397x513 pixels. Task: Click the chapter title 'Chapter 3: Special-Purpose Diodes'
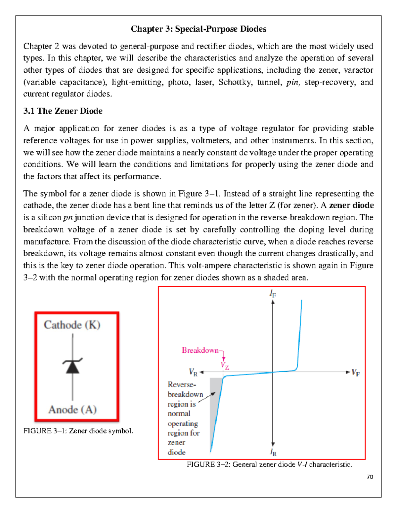198,29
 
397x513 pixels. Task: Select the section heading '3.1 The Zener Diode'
63,111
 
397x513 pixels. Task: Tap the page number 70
370,477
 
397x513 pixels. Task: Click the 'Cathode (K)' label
72,325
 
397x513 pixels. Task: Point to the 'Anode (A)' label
72,410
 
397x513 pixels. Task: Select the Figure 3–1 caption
78,431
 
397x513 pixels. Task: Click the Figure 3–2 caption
270,464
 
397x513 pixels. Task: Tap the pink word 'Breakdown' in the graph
200,350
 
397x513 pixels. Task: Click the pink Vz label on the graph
225,365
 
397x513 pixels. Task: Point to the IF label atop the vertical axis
273,293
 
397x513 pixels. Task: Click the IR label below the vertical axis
273,452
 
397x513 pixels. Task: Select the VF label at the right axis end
356,373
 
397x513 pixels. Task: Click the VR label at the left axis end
193,373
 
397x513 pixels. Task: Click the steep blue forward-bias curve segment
300,334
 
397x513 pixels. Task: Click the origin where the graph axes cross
273,372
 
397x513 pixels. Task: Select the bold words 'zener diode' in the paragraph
351,205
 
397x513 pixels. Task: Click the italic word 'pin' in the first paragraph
292,82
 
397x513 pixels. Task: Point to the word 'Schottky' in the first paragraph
235,82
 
